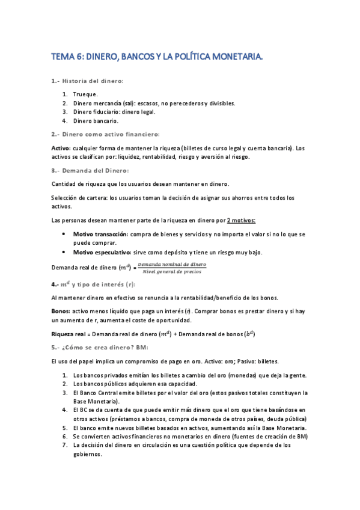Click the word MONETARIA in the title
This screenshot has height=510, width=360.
[x=235, y=57]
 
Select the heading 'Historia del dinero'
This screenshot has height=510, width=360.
[x=93, y=81]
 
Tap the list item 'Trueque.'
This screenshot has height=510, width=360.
[x=85, y=94]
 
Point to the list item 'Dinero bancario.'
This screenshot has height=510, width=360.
[x=97, y=120]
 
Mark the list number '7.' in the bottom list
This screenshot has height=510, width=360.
[x=65, y=445]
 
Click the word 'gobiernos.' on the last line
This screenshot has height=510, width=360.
[x=88, y=454]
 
